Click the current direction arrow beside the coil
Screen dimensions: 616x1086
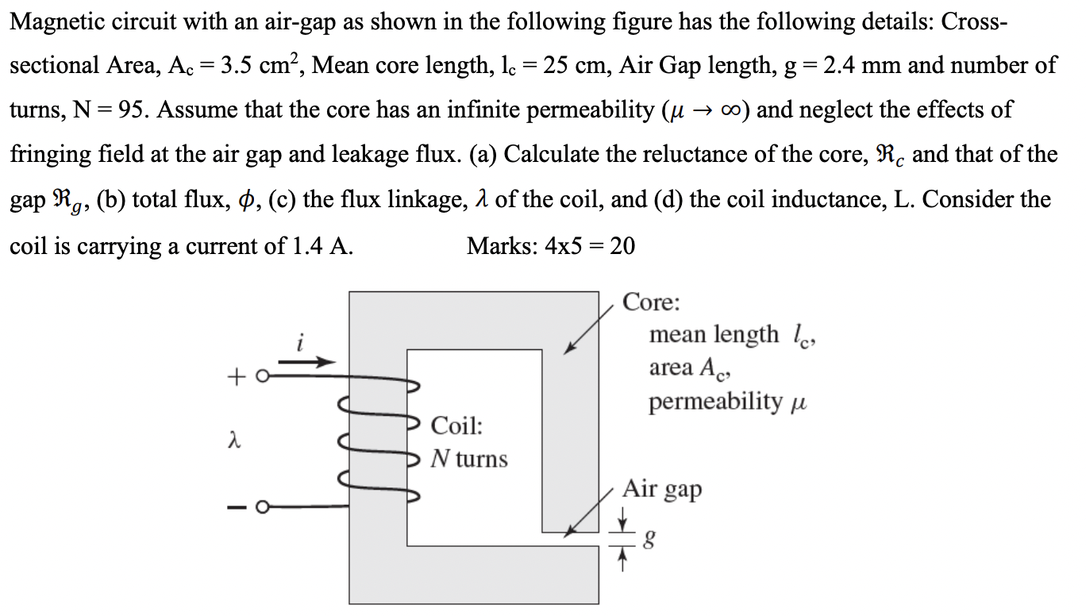(x=306, y=362)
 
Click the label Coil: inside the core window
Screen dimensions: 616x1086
(x=456, y=425)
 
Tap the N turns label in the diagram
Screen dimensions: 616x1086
(x=468, y=458)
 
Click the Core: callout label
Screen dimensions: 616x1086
(x=651, y=302)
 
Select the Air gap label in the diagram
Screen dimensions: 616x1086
(x=662, y=489)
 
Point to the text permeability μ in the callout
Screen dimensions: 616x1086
(x=726, y=401)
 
